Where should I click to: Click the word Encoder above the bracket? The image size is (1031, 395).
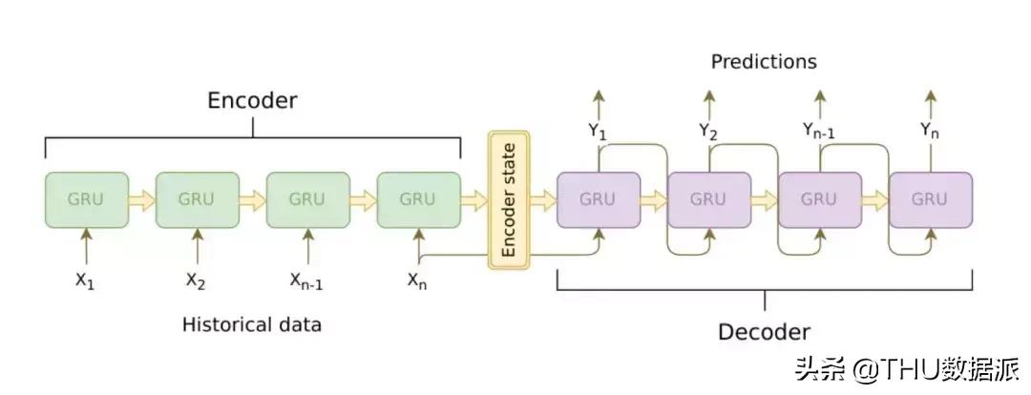tap(253, 101)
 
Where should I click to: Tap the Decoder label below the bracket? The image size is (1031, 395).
tap(764, 332)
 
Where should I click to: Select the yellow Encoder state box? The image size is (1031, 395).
tap(508, 200)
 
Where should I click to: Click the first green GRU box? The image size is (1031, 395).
tap(86, 199)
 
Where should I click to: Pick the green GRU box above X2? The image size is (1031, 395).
tap(197, 199)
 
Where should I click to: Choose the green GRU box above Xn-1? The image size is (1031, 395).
tap(307, 199)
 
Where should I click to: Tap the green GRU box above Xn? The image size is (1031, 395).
tap(418, 199)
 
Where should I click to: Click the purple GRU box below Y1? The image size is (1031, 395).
tap(598, 199)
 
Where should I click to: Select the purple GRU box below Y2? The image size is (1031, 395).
tap(708, 199)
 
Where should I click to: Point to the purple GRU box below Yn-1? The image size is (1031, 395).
tap(819, 199)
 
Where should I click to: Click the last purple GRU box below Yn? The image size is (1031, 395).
tap(930, 199)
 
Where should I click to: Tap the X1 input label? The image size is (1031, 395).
tap(86, 281)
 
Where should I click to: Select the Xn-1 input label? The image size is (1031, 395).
tap(307, 281)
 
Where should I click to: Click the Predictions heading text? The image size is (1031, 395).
tap(764, 62)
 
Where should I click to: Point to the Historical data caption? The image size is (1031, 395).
tap(252, 324)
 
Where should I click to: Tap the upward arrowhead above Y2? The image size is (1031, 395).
tap(708, 95)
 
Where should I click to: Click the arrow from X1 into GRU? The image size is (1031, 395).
tap(86, 246)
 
